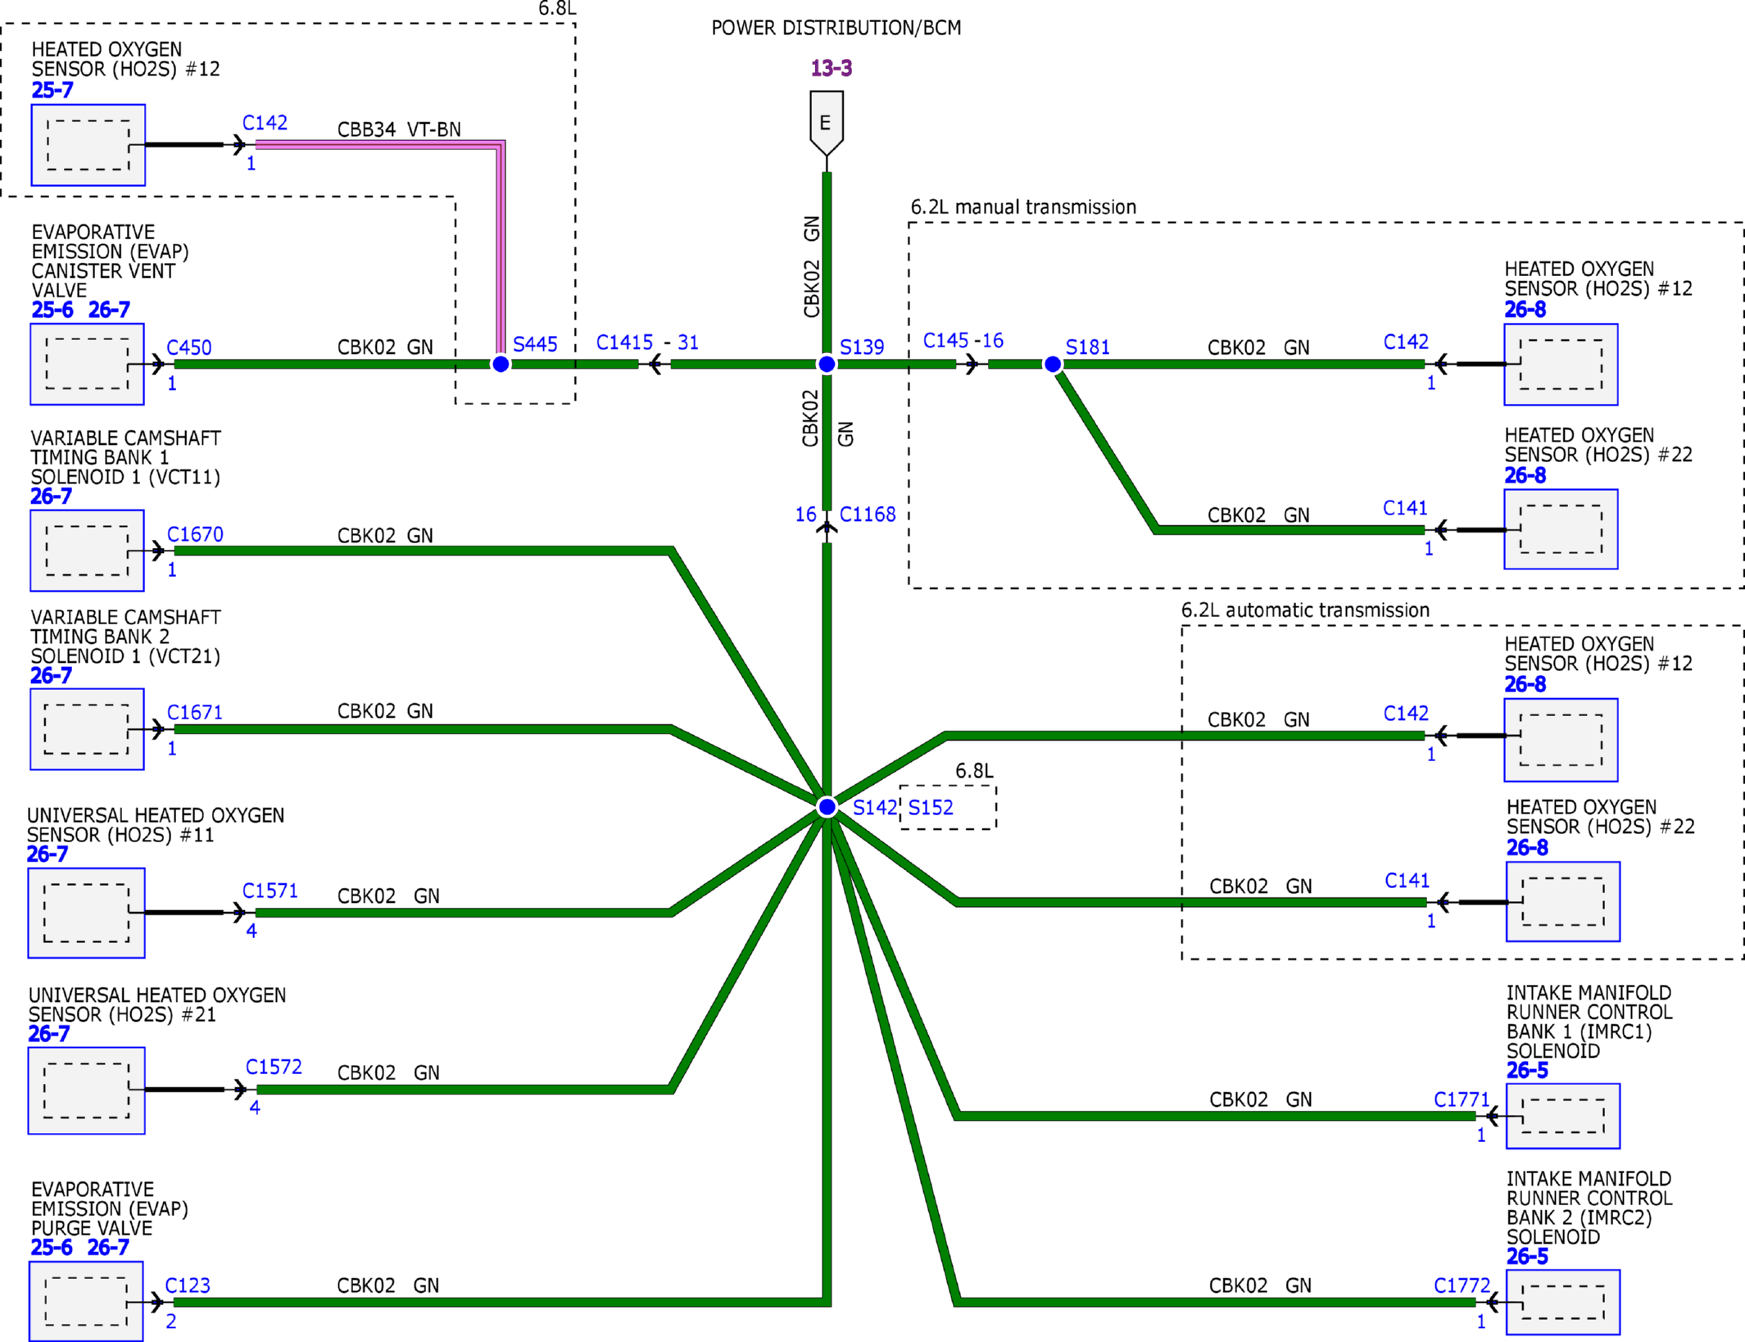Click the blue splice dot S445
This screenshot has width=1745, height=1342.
tap(501, 364)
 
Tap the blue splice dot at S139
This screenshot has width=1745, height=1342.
tap(827, 364)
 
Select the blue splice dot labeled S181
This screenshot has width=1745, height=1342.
tap(1053, 364)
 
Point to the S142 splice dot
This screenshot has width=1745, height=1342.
tap(827, 807)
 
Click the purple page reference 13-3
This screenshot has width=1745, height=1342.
tap(832, 68)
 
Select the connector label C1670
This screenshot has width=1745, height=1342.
tap(195, 534)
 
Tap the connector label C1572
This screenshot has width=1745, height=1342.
tap(274, 1067)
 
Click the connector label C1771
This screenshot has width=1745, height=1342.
tap(1462, 1099)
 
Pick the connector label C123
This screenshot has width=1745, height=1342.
tap(188, 1285)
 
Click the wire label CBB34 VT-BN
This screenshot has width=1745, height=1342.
tap(399, 129)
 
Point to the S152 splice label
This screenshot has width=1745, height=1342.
tap(931, 808)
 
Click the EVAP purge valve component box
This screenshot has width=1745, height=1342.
tap(86, 1301)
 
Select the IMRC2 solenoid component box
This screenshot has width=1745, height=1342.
tap(1563, 1302)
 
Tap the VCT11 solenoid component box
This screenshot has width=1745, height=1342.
tap(87, 551)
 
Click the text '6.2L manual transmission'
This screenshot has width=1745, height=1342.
tap(1023, 207)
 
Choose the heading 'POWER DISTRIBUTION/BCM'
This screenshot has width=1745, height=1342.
tap(836, 28)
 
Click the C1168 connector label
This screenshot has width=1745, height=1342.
tap(868, 515)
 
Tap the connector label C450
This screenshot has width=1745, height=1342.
tap(189, 347)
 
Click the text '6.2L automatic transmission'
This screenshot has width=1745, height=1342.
tap(1305, 610)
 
